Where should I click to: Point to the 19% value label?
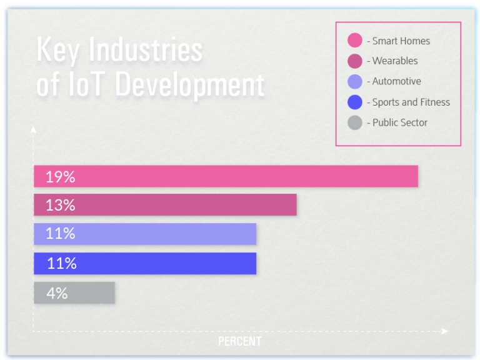click(x=60, y=177)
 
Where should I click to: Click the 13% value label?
click(x=60, y=205)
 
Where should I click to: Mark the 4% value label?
click(x=57, y=293)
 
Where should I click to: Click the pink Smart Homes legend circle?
click(x=354, y=41)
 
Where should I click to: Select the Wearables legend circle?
click(x=354, y=61)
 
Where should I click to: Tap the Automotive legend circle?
click(x=354, y=81)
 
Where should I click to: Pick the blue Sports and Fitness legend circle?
click(x=354, y=102)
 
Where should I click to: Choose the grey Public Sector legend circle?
click(x=354, y=122)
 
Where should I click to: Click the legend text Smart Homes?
click(x=401, y=41)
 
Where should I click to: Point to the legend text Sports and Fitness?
click(x=411, y=102)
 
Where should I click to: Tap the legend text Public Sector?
click(x=400, y=122)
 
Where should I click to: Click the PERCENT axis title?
click(x=239, y=341)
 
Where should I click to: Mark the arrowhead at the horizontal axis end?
click(x=445, y=331)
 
